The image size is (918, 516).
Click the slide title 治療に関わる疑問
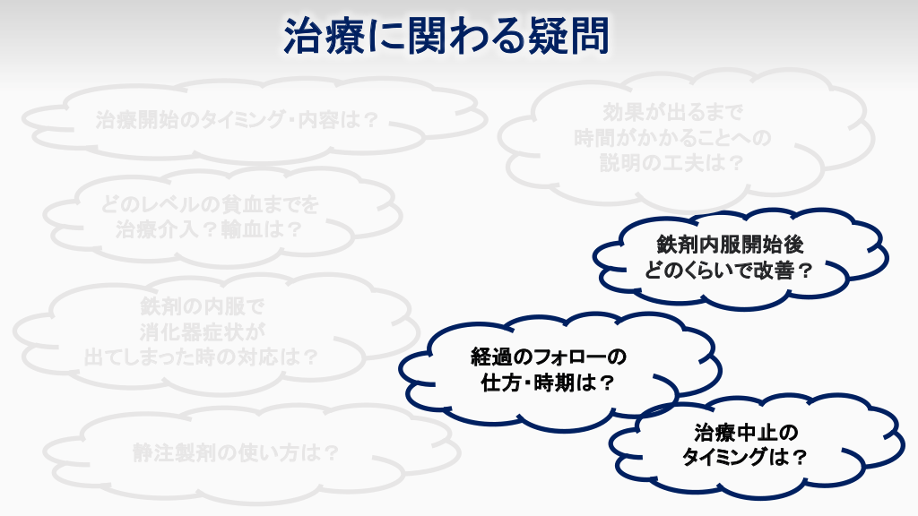[446, 36]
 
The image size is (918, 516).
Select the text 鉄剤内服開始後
[730, 245]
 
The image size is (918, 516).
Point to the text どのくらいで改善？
[730, 271]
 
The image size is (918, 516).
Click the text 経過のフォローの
[549, 357]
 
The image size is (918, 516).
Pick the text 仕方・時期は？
[548, 383]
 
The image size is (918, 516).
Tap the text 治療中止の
[746, 433]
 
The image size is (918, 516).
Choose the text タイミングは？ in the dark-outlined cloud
[745, 456]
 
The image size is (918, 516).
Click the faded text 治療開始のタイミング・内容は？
[238, 120]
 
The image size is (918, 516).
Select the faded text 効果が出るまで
[672, 111]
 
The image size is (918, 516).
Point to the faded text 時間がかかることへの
[672, 137]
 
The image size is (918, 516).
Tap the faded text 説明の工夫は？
[672, 163]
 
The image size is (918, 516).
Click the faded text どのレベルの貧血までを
[210, 204]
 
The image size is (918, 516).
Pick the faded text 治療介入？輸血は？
[209, 229]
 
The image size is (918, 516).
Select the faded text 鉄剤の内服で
[202, 306]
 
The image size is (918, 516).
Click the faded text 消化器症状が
[202, 331]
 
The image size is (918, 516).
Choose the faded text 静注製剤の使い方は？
[236, 452]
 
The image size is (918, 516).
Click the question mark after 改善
[806, 271]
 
